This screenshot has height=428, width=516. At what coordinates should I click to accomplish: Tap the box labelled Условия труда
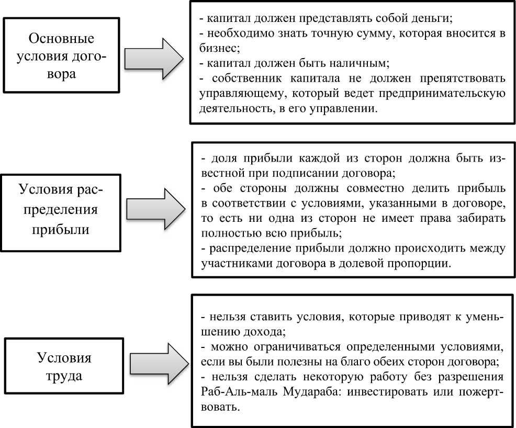(x=64, y=367)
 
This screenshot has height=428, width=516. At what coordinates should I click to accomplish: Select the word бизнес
(x=218, y=49)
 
